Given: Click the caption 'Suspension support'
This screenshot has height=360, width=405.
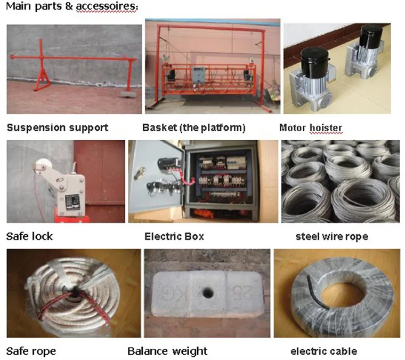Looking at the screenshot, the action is coord(58,128).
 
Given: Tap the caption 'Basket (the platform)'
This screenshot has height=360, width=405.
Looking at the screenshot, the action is coord(194,128).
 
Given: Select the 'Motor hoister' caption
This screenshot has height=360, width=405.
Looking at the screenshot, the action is coord(311,128).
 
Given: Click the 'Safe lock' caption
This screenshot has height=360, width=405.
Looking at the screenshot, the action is coord(30,236).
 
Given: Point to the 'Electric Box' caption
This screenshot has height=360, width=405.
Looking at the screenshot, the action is coord(174,236).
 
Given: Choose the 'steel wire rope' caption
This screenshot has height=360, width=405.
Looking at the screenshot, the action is coord(331,236).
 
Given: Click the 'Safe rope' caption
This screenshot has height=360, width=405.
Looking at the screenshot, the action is coord(31,351).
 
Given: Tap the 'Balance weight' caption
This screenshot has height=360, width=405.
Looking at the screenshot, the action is coord(167,351).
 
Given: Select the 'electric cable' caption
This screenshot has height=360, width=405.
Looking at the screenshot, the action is coord(323,351).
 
